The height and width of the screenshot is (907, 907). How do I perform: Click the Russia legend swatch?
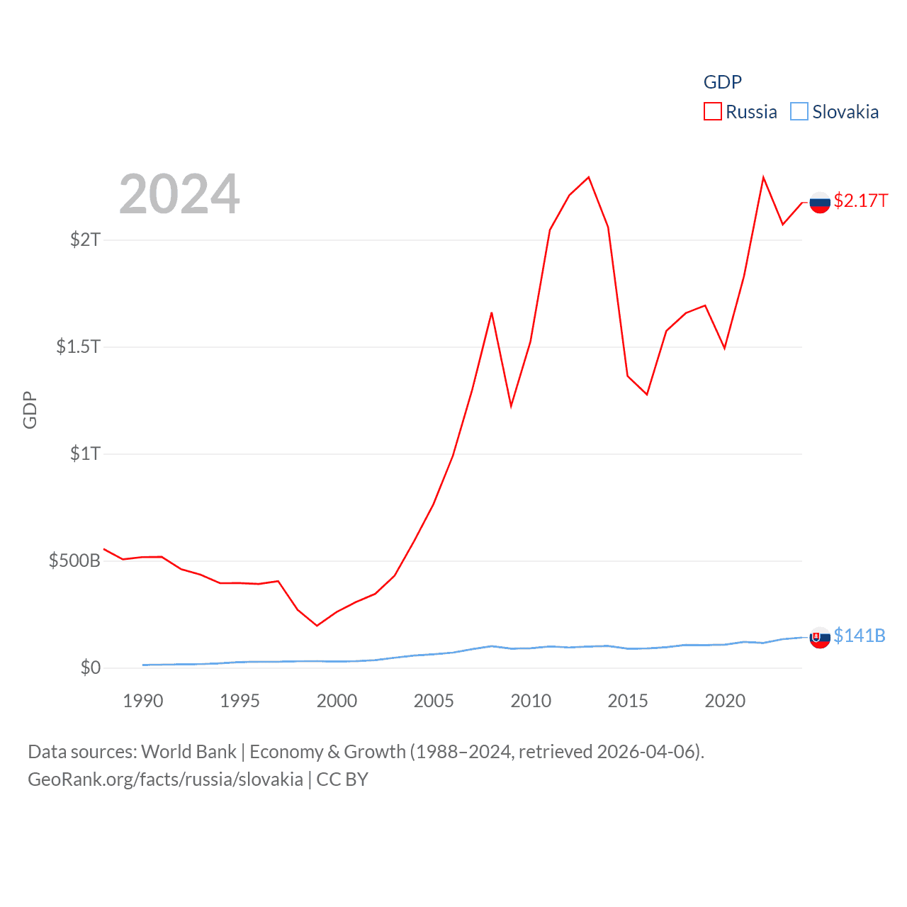pos(712,112)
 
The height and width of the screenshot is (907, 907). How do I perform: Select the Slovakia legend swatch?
pos(799,112)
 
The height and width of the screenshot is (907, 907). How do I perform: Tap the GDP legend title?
pos(722,82)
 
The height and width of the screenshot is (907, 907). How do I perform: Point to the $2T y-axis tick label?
pos(86,240)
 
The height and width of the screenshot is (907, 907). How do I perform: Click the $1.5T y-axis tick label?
pos(78,347)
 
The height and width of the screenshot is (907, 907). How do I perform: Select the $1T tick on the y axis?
pos(86,453)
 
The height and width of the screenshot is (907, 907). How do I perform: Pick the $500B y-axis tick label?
pos(74,560)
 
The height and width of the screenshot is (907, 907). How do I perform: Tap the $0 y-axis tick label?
pos(91,667)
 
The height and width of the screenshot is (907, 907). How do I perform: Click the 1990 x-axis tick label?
pos(142,701)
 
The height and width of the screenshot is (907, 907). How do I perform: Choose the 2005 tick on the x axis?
pos(434,701)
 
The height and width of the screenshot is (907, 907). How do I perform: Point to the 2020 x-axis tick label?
pos(725,701)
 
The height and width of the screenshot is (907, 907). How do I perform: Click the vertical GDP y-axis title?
pos(30,410)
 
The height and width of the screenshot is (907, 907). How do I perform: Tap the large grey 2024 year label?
pos(179,194)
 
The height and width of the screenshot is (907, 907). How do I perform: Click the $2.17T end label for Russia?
pos(860,201)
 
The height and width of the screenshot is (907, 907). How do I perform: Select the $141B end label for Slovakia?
pos(860,636)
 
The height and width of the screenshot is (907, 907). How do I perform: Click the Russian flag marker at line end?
pos(820,203)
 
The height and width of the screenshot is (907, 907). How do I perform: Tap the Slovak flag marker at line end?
pos(820,638)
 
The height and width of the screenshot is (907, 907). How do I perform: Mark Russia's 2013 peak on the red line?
pos(589,177)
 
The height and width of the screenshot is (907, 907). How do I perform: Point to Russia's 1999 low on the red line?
pos(317,626)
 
